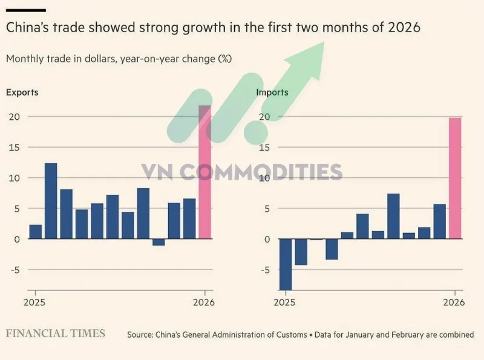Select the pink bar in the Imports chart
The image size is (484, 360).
pos(455,178)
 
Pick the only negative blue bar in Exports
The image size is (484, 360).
pos(159,242)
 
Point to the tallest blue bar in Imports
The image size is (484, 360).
pos(393,216)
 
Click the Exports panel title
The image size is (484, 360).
pos(22,93)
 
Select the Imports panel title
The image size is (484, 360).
pos(272,93)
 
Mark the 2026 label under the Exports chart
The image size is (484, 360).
pos(205,303)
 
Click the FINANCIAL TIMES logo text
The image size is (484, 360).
pos(56,333)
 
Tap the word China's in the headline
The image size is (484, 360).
pos(27,28)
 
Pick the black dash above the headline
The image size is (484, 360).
pos(25,10)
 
